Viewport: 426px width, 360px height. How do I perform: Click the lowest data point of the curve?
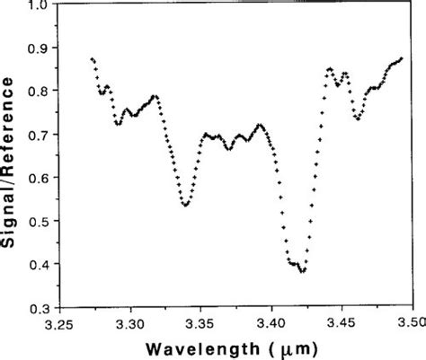coord(304,271)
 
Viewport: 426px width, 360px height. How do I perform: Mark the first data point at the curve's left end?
coord(93,58)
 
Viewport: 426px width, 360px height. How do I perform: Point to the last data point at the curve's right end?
coord(402,57)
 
